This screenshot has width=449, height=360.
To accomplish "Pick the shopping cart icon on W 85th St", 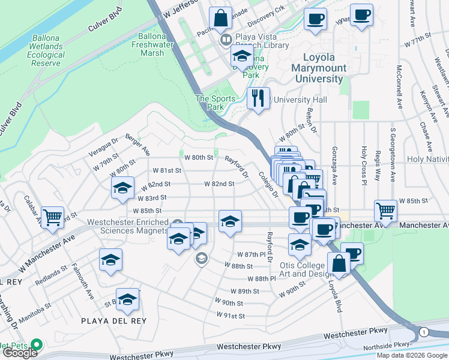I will point(385,210).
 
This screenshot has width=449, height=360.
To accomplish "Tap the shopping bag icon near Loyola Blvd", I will point(339,263).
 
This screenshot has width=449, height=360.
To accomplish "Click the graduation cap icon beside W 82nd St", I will point(122,187).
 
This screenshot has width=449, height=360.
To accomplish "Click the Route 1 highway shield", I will point(424,332).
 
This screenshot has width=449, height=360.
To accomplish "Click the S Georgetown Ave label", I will point(393,154).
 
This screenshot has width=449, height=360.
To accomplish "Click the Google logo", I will point(20,353).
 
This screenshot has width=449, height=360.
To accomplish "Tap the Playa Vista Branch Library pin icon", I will point(226,41).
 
